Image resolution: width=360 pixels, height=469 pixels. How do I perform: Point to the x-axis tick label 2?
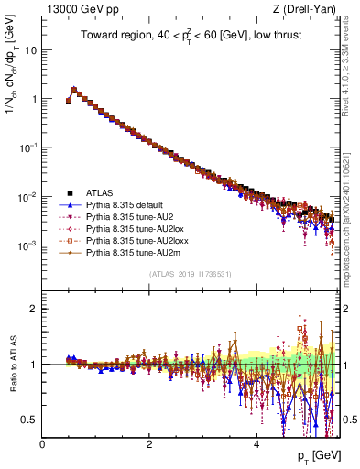point(149,442)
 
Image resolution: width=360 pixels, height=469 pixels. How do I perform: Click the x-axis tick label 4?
point(256,442)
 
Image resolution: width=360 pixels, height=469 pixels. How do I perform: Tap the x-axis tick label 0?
point(42,442)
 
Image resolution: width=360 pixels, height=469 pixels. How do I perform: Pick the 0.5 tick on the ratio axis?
point(30,420)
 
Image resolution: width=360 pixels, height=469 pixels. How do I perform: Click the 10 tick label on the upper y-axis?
point(30,49)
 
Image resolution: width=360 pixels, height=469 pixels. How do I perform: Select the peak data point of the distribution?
point(74,90)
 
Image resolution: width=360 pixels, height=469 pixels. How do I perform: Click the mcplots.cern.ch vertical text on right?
point(349,229)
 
